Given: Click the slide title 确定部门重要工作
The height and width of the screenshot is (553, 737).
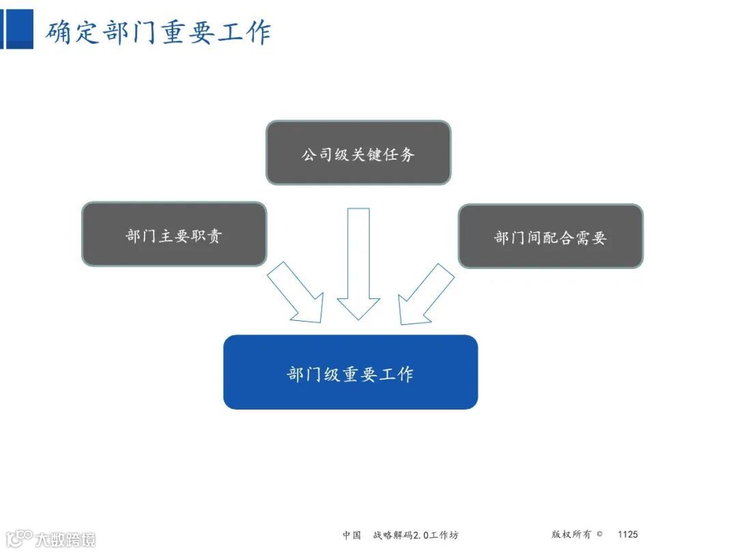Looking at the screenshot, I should point(158,33).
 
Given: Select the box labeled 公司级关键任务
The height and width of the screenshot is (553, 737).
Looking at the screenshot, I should point(358,153).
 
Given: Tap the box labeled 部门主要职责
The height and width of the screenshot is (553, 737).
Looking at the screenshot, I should point(174,234).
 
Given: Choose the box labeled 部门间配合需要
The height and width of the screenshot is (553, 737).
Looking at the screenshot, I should point(550,236).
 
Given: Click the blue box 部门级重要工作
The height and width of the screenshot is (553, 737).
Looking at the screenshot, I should point(350,372).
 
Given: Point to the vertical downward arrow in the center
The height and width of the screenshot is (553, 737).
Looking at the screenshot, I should point(358,263).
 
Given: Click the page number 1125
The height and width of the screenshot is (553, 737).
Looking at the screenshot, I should point(627,535).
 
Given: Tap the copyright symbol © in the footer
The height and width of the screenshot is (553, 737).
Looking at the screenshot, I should point(599,535).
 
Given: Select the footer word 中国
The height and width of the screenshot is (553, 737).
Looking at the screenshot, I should point(352,535).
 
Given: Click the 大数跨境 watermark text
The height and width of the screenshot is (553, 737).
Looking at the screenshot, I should point(66,539).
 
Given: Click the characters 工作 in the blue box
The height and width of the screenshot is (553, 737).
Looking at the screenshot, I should point(397,373).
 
